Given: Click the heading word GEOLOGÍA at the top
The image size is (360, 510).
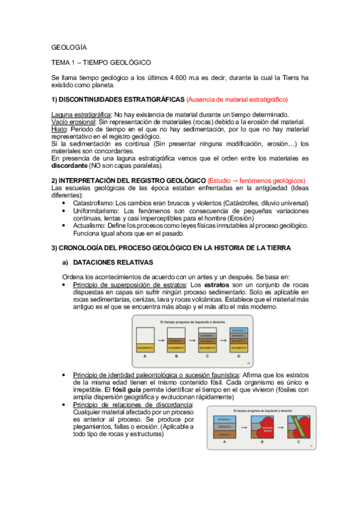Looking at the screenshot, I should (x=69, y=47).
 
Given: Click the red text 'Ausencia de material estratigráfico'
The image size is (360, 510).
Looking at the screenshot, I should (x=237, y=99).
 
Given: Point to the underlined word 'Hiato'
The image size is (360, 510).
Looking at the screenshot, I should (x=60, y=129).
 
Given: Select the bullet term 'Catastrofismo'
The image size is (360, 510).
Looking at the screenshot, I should (x=93, y=204).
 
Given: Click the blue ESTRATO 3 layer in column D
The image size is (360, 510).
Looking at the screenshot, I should (x=239, y=331).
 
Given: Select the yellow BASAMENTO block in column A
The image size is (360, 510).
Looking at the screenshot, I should (x=145, y=348).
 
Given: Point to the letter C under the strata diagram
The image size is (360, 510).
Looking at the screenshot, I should (x=207, y=357).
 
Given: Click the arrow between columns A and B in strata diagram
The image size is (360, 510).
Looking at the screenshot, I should (x=160, y=340).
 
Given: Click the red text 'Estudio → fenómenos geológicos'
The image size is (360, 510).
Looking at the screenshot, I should (x=256, y=180).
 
